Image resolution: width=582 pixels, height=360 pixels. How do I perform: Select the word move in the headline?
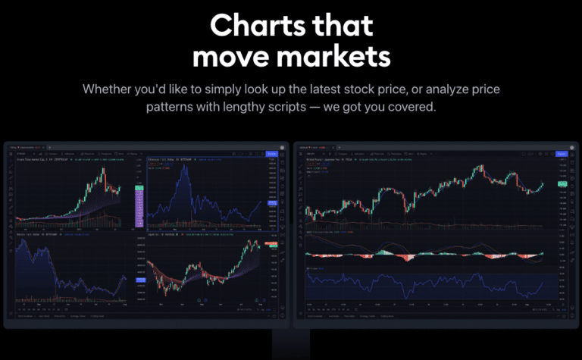(233, 56)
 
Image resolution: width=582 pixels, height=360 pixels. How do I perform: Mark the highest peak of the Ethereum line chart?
(183, 164)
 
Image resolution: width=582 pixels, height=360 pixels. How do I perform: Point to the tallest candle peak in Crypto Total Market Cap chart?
(102, 169)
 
